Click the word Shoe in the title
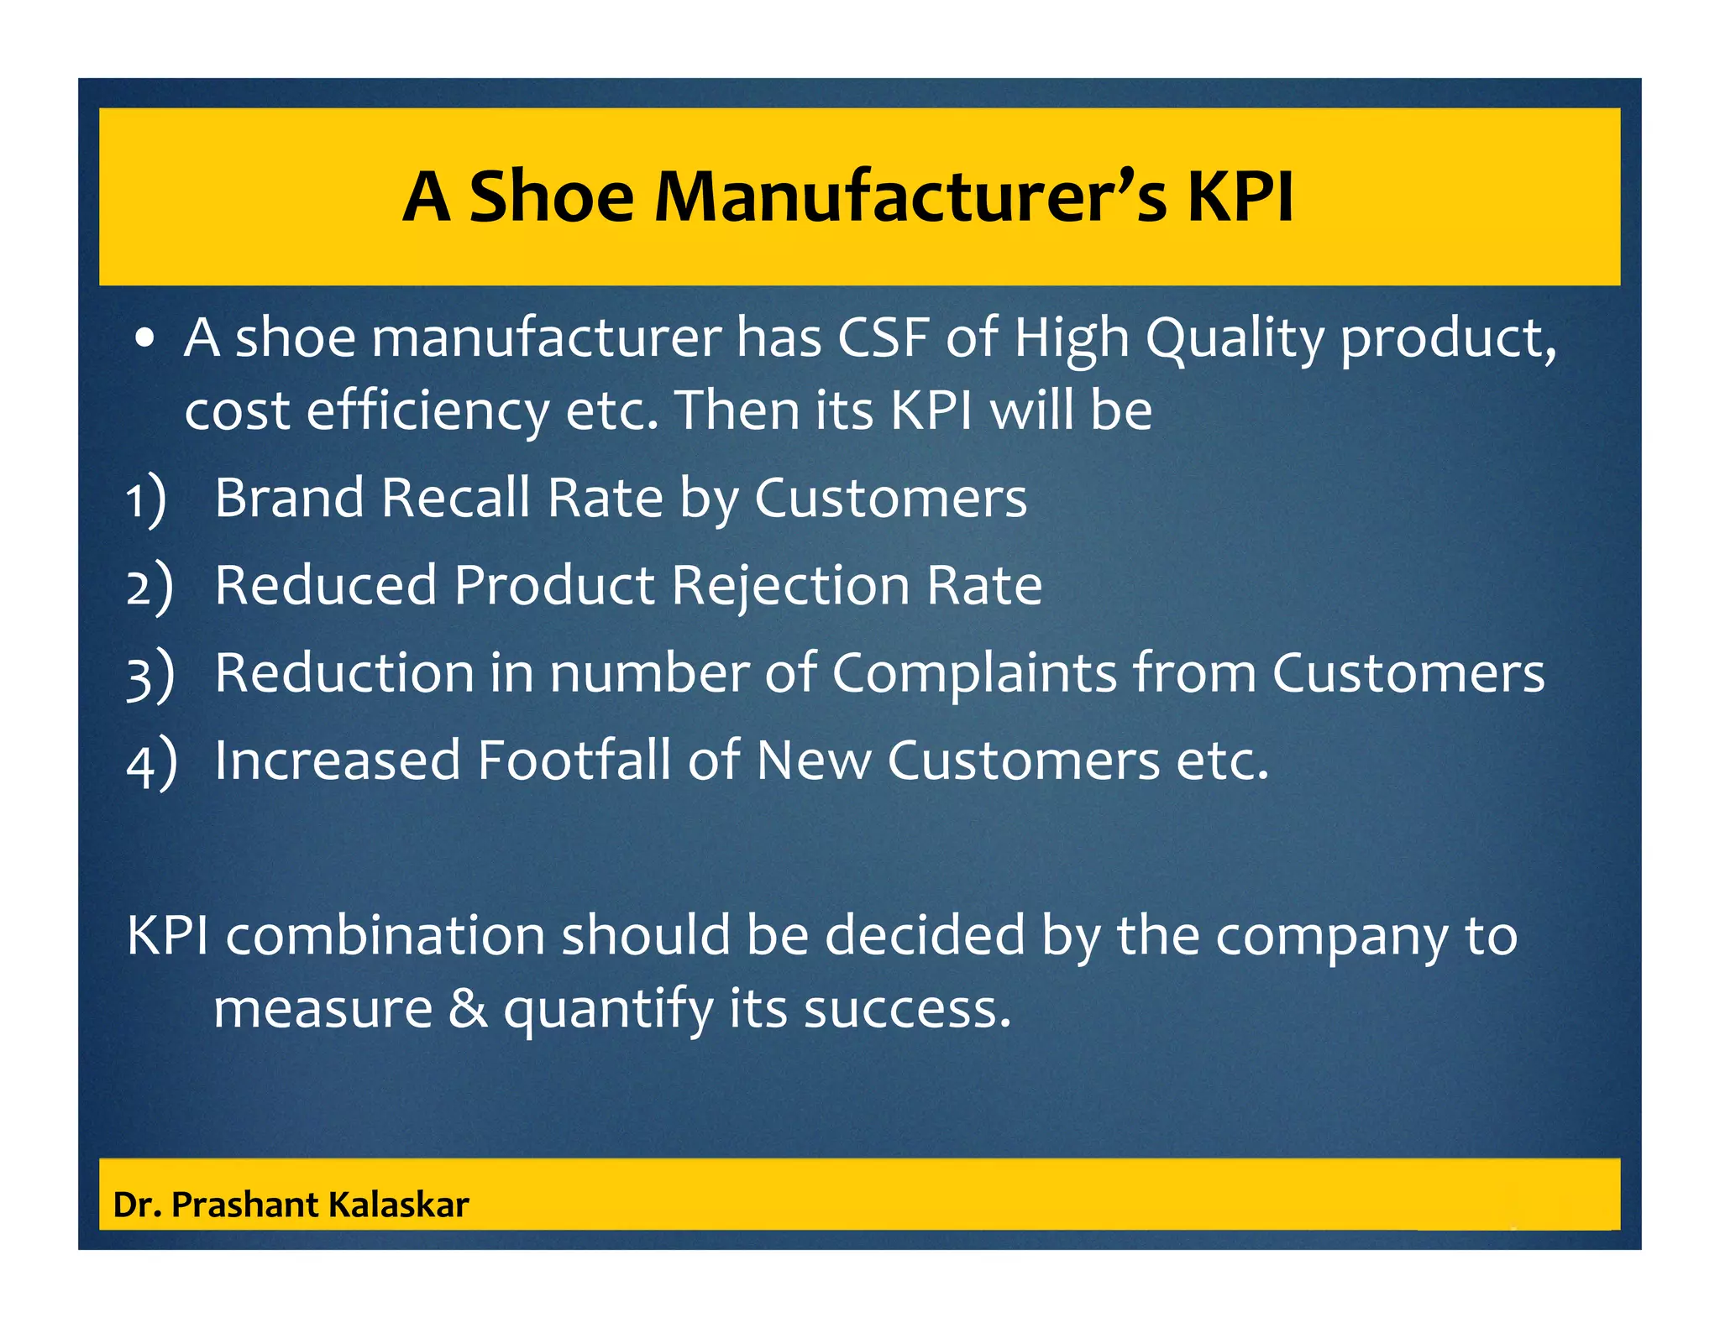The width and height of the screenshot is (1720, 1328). pos(551,197)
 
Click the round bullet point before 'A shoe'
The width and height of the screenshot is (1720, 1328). pos(145,338)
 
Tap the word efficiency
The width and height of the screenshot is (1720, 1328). pos(427,411)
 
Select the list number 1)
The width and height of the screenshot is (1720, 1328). pos(147,499)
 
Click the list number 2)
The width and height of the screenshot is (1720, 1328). pos(149,587)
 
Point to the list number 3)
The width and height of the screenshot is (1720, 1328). pos(150,675)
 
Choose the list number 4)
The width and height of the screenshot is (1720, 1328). pos(151,762)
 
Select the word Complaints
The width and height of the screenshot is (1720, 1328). pos(974,673)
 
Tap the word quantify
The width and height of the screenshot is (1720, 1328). pos(608,1009)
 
